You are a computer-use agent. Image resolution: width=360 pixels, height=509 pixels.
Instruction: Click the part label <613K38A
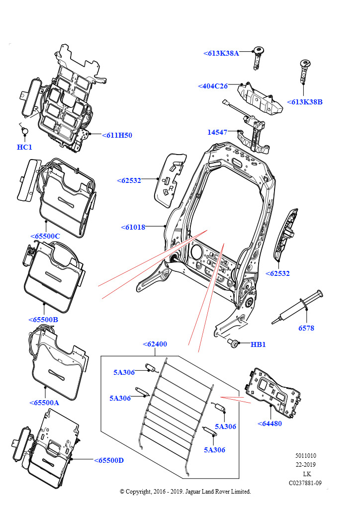coord(221,53)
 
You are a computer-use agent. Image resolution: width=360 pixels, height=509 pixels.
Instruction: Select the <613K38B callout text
coord(304,102)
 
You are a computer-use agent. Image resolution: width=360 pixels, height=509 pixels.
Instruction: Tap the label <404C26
coord(212,86)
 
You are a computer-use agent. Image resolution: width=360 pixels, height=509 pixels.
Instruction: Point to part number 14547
coord(217,132)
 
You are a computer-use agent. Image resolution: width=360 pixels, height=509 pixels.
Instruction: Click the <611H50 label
coord(117,135)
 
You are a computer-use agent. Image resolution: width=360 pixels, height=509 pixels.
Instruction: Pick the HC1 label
coord(24,147)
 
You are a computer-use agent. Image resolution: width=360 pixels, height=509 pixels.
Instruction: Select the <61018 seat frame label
coord(133,227)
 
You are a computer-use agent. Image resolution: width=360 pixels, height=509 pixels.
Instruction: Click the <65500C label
coord(45,236)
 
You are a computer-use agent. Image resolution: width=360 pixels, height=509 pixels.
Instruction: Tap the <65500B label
coord(43,320)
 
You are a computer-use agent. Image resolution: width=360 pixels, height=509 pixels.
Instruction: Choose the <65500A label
coord(44,403)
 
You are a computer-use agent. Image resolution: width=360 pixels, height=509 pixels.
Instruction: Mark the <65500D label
coord(108,460)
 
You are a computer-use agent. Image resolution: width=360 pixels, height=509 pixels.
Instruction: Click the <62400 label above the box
coord(155,343)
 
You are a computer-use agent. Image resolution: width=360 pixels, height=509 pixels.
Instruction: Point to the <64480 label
coord(270,424)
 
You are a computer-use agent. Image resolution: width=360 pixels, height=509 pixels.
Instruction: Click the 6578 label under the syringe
coord(306,328)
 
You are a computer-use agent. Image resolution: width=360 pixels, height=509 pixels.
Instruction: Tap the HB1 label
coord(258,344)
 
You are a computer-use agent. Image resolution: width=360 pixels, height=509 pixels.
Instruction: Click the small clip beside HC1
coord(25,131)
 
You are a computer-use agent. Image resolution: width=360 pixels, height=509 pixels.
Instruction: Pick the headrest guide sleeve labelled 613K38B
coord(303,70)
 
